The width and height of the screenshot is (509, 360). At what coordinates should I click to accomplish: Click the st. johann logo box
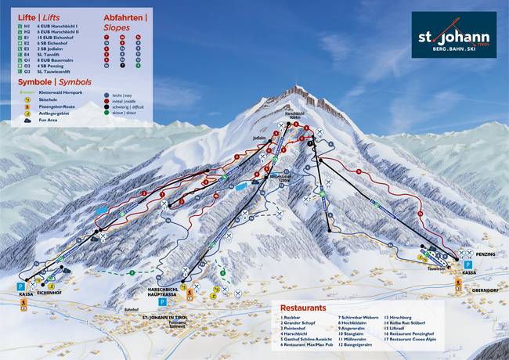pyautogui.click(x=454, y=35)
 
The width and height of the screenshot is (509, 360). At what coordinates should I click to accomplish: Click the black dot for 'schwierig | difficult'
pyautogui.click(x=106, y=106)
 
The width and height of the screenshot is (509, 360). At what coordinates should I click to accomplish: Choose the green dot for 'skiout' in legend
pyautogui.click(x=106, y=113)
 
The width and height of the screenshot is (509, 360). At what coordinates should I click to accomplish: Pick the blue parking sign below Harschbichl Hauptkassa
pyautogui.click(x=162, y=301)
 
